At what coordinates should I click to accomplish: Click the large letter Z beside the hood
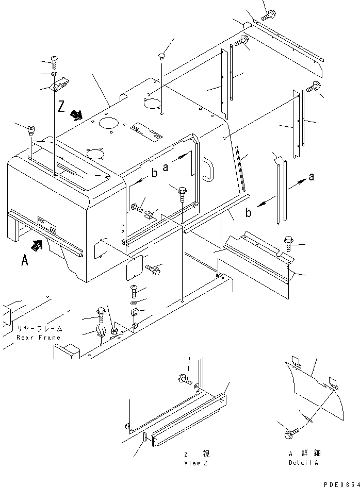[61, 106]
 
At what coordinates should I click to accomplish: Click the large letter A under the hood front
[25, 260]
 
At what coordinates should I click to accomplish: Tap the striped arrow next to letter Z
[76, 115]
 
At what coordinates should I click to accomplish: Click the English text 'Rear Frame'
[39, 338]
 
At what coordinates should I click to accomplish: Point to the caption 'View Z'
[196, 463]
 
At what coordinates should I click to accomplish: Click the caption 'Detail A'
[303, 462]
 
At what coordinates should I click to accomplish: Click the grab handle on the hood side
[208, 169]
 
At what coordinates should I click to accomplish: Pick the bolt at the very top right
[268, 14]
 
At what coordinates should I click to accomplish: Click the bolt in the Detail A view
[291, 433]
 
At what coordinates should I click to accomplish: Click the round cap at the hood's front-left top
[31, 129]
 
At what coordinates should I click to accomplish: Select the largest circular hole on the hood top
[109, 122]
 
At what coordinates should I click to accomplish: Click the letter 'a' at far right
[311, 177]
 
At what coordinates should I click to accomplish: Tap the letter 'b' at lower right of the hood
[248, 213]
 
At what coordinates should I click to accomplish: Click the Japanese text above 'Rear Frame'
[40, 329]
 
